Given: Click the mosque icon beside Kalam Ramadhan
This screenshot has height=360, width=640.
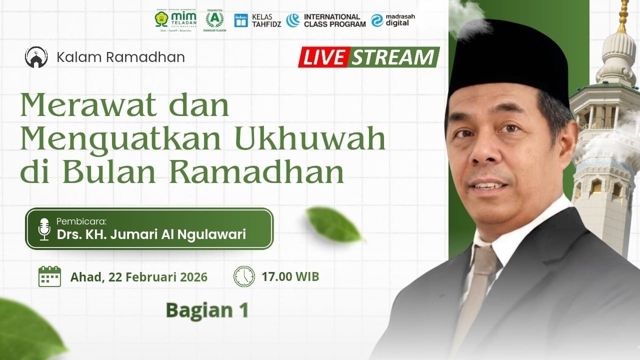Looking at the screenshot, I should (36, 57).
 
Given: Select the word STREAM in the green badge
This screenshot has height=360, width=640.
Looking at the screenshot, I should (392, 58).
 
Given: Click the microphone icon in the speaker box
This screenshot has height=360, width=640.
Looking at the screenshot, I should (44, 228).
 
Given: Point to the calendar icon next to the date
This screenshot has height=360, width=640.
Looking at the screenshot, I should (49, 276).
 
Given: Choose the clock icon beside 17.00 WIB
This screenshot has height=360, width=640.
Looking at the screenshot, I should (244, 276).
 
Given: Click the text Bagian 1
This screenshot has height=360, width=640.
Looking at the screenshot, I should (207, 310).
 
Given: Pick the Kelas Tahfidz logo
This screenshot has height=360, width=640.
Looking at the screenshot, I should (257, 20).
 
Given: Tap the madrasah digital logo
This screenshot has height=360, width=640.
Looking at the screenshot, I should (393, 20).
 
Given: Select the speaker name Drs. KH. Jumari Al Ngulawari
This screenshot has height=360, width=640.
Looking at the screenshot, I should (151, 234).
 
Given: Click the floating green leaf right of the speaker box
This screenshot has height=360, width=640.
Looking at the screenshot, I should (333, 224).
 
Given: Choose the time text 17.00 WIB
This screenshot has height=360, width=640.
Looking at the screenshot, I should (290, 276).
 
